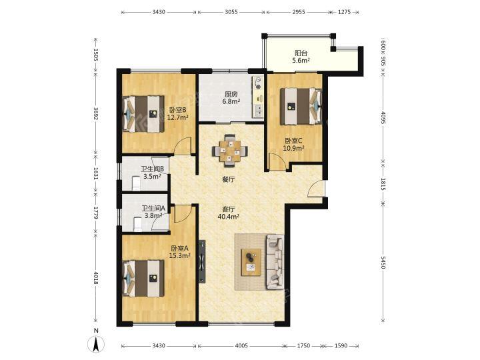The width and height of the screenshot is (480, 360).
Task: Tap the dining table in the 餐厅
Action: tap(230, 151)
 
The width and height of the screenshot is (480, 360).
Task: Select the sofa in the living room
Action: tap(275, 262)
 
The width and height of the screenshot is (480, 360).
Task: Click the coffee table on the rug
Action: tap(251, 263)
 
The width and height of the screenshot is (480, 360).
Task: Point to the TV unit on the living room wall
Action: tap(202, 262)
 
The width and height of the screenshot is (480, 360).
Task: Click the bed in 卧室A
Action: tap(143, 278)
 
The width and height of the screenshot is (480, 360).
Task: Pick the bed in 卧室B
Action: tap(143, 114)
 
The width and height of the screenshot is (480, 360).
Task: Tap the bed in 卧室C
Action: tap(301, 106)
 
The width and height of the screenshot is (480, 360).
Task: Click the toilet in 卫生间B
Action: tap(135, 183)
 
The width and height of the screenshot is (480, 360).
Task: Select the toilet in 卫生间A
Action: tap(138, 224)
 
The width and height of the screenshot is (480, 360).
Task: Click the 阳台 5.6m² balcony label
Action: tap(301, 57)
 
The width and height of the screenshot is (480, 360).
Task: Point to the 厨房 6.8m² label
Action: tap(231, 97)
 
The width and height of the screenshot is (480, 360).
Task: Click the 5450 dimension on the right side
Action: tap(383, 263)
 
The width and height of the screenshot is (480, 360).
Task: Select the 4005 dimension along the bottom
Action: tap(241, 345)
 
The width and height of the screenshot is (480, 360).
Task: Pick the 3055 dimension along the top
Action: tap(231, 12)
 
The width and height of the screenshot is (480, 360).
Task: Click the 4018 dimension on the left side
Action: tap(96, 278)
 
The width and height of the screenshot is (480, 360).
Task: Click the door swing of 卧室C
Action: tap(277, 161)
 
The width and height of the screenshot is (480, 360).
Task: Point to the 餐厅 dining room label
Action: tap(229, 180)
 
